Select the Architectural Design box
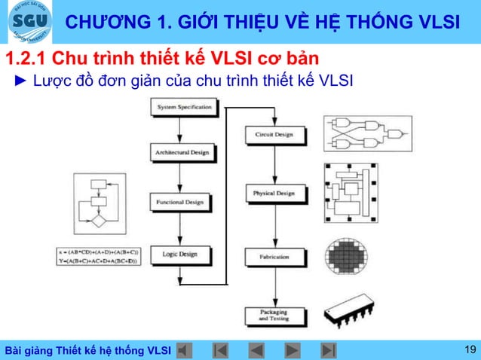coord(182,153)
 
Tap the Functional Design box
coord(179,203)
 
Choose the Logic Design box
coord(179,255)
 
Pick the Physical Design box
coord(274,194)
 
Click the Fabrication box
coord(274,257)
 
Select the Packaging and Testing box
coord(274,316)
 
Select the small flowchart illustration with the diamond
coord(100,203)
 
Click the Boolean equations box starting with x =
coord(99,256)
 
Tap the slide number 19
coord(470,349)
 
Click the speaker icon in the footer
coord(185,350)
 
